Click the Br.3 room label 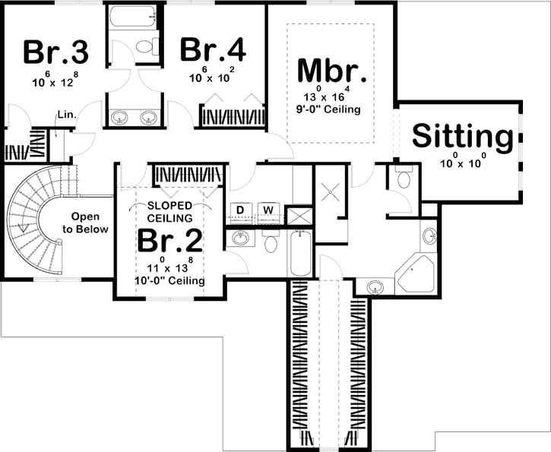point(55,52)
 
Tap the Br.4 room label point(213,50)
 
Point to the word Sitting point(461,137)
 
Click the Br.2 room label point(170,241)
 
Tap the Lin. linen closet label point(65,115)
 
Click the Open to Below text point(85,223)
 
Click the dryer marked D point(240,210)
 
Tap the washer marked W point(267,210)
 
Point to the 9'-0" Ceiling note point(330,109)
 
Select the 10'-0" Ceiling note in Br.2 point(171,281)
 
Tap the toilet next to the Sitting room point(404,181)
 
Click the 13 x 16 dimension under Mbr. point(330,96)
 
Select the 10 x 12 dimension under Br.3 point(55,78)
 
